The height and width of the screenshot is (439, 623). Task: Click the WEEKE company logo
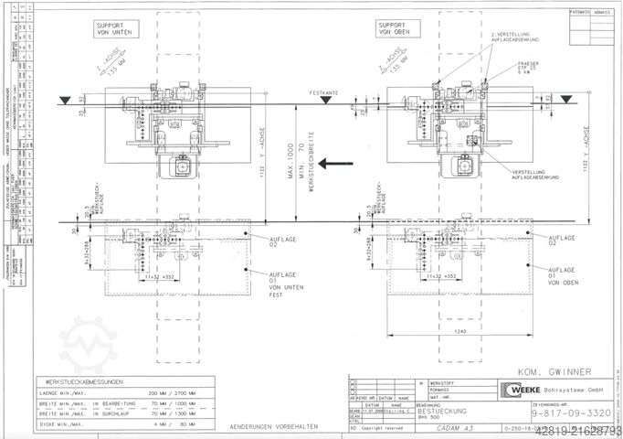tap(515, 387)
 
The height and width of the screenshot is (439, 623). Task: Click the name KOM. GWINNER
tap(548, 372)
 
